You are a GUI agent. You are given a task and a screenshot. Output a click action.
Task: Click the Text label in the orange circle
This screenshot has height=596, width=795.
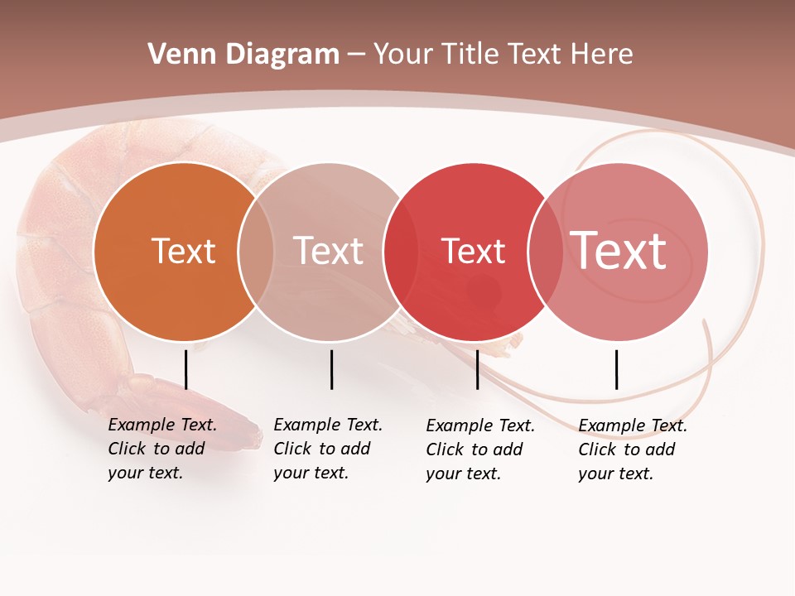click(183, 251)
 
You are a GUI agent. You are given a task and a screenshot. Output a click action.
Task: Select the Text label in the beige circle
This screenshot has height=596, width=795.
click(329, 251)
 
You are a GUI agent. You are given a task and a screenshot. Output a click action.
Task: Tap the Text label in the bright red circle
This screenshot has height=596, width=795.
click(473, 251)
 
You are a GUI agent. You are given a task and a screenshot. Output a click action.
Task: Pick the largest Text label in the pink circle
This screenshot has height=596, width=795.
click(619, 251)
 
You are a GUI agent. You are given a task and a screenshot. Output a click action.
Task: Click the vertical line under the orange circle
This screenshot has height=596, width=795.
click(185, 369)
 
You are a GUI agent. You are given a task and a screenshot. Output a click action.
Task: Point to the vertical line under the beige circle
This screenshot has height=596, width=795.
click(331, 369)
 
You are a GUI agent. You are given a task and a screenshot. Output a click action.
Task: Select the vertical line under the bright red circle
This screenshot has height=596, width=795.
click(477, 369)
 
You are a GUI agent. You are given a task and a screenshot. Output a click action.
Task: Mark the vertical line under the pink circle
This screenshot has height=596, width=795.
click(616, 369)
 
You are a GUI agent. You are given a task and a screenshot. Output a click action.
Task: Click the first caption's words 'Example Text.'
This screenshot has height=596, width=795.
click(162, 425)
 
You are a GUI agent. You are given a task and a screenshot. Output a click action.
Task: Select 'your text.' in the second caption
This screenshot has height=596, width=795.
click(311, 473)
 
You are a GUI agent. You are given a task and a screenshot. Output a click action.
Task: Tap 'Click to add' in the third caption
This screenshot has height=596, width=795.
click(475, 449)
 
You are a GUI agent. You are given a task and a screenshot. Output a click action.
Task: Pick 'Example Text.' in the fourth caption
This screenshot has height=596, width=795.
click(633, 425)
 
